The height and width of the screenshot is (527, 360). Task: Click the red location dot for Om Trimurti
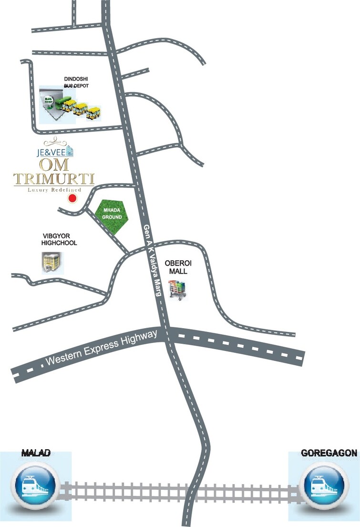72,198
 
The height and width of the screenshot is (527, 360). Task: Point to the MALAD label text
36,453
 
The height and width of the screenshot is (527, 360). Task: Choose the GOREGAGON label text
329,453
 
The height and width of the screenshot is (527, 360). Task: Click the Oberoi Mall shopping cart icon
178,290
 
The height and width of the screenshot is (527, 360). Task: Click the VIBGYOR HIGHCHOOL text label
59,239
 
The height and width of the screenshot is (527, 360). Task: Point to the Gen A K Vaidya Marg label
151,261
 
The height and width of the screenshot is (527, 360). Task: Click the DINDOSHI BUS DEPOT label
76,83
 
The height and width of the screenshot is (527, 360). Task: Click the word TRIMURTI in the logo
54,179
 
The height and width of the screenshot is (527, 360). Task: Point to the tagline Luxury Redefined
54,189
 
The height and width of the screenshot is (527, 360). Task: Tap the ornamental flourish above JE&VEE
57,142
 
